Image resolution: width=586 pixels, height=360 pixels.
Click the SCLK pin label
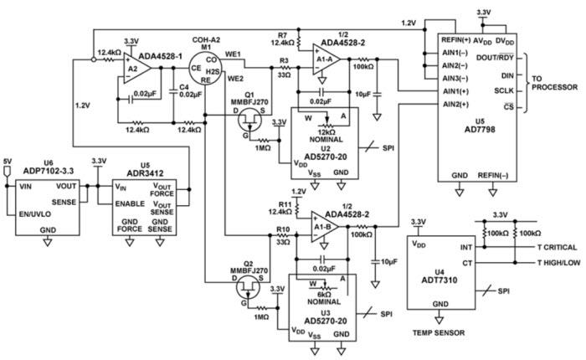click(x=502, y=90)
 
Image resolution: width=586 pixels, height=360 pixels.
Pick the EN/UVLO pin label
click(x=34, y=214)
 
